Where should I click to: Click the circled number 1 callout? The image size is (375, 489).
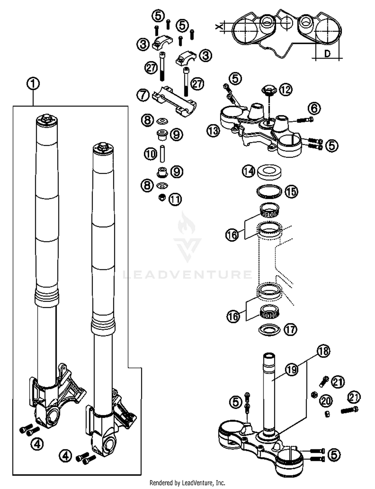pos(33,84)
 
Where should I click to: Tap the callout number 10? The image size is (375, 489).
pos(150,154)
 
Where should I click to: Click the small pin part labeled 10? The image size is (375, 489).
pos(162,154)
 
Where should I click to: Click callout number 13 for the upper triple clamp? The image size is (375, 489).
pos(213,131)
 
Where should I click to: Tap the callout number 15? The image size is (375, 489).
pos(291,192)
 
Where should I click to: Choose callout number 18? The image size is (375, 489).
pos(323,351)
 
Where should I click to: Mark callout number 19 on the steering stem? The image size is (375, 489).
pos(292,369)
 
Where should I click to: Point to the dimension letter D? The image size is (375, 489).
pos(327,53)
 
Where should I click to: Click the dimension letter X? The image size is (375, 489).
pos(218,26)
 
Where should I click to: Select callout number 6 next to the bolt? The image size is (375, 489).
pos(314,108)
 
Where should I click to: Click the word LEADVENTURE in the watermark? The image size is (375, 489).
pos(187,274)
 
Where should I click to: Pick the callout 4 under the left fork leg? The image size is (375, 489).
pos(37,444)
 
